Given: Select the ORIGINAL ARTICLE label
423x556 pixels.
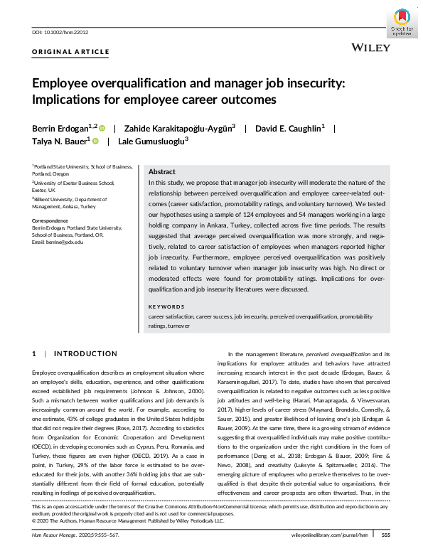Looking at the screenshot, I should (71, 52).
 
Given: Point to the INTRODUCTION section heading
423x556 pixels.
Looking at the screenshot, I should (86, 353).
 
